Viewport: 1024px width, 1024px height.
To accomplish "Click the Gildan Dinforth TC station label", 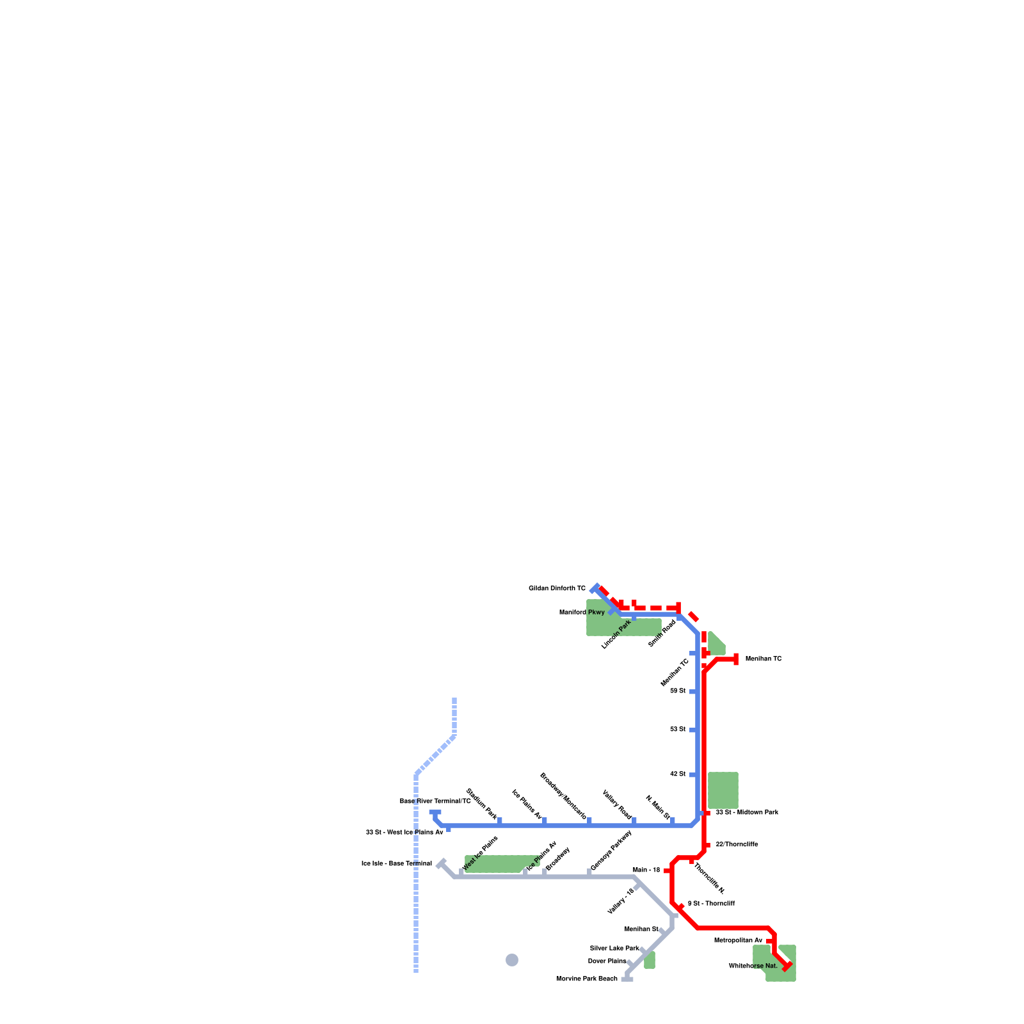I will point(557,588).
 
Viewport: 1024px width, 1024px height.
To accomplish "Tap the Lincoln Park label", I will point(616,634).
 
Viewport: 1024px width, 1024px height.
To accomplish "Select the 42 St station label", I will point(678,774).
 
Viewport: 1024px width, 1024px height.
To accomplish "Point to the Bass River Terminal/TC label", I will point(435,801).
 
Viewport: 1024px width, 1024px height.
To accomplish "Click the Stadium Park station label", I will point(481,804).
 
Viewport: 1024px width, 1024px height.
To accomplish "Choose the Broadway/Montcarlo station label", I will point(563,796).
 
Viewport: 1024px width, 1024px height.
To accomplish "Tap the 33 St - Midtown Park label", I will point(747,813).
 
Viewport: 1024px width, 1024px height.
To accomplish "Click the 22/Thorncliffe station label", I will point(737,845).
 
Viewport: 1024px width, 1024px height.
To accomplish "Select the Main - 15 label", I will point(646,870).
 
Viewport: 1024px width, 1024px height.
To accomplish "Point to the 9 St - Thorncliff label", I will point(711,904).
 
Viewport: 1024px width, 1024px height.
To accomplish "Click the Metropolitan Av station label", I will point(738,941).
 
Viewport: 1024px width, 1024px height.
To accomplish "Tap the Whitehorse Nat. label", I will point(753,966).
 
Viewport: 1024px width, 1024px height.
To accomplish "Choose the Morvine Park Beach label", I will point(586,979).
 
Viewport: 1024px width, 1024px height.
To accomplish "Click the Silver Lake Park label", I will point(614,948).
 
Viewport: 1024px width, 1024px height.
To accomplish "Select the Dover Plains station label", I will point(607,961).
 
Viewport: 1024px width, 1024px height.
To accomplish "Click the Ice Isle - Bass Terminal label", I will point(396,864).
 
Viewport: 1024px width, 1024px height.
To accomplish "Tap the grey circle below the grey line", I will point(512,960).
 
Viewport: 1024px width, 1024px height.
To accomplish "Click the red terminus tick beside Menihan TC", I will point(736,659).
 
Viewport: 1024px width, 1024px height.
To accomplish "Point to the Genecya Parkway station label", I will point(611,851).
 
